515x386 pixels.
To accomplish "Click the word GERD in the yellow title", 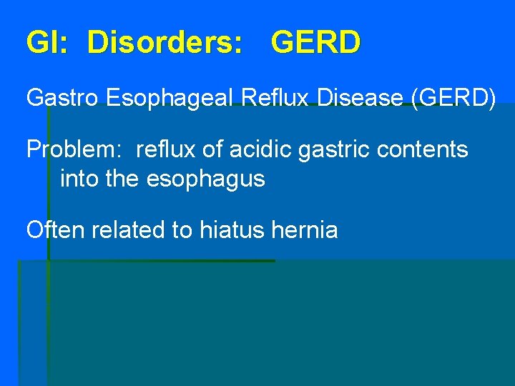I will click(x=315, y=43).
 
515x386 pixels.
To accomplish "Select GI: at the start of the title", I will click(x=47, y=43).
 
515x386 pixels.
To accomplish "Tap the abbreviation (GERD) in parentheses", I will click(x=453, y=97).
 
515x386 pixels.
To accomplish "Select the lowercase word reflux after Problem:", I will click(x=162, y=149).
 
